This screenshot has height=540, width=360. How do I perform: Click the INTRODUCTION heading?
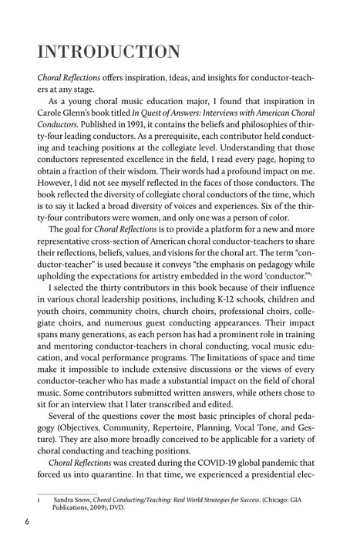pos(100,52)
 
